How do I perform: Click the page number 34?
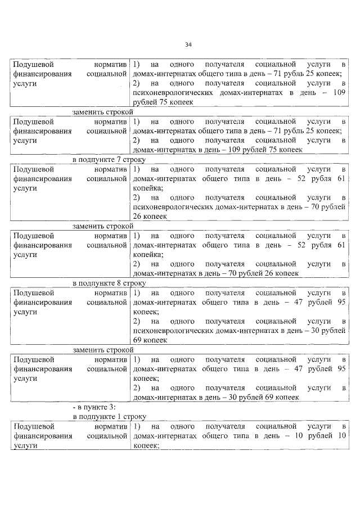(188, 45)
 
